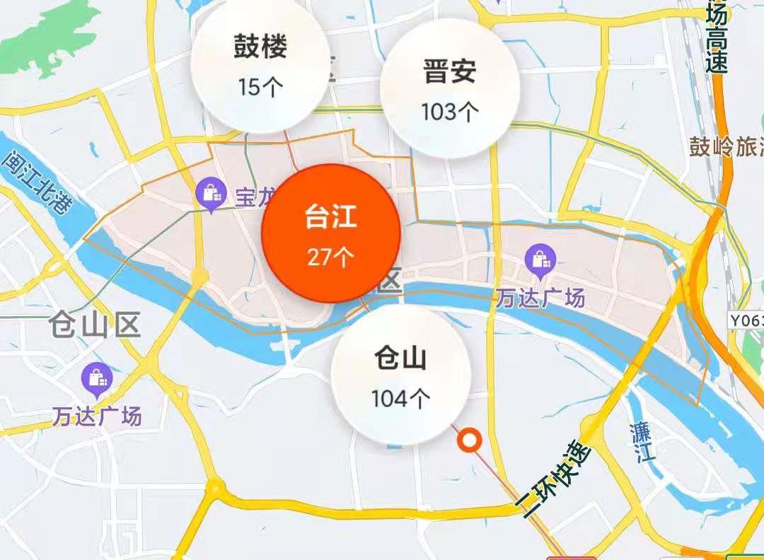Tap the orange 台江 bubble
click(331, 233)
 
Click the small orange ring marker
click(469, 441)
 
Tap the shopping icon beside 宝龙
click(212, 194)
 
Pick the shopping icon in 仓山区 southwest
click(96, 378)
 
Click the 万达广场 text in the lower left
click(96, 416)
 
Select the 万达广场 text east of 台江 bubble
click(539, 298)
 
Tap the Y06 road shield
click(747, 320)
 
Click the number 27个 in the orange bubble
click(331, 256)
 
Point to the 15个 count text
click(260, 86)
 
